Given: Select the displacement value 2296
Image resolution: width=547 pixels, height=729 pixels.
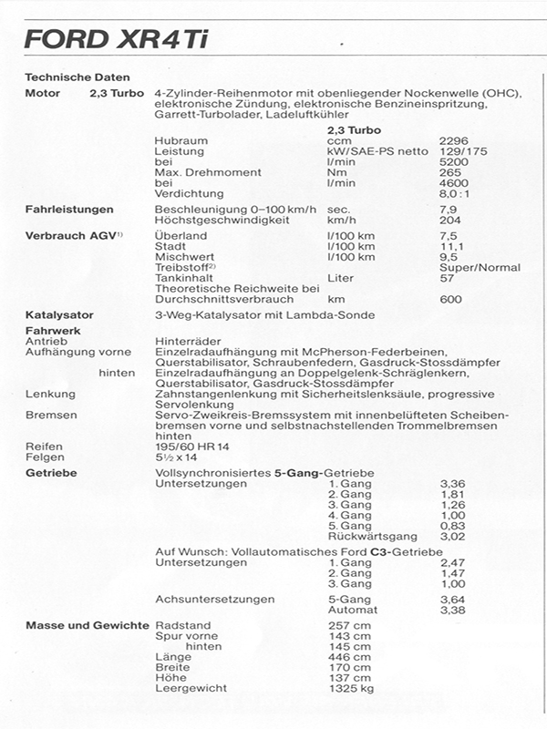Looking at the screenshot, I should [x=453, y=141].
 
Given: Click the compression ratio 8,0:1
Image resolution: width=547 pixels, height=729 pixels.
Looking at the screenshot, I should [x=455, y=193].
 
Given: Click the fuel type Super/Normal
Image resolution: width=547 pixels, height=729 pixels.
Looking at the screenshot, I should [x=480, y=268].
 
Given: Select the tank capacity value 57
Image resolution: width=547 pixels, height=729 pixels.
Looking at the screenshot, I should [x=446, y=278].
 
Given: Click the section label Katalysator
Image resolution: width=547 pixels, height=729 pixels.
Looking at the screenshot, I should [x=59, y=315].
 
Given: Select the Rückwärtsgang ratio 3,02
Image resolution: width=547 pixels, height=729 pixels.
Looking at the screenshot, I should [x=452, y=536].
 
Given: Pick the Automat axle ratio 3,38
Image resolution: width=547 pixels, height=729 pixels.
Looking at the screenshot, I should [x=452, y=610].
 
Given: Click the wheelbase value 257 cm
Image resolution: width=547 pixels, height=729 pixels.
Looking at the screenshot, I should [x=348, y=626].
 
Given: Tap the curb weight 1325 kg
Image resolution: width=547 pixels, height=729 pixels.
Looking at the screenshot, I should [x=353, y=688].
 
